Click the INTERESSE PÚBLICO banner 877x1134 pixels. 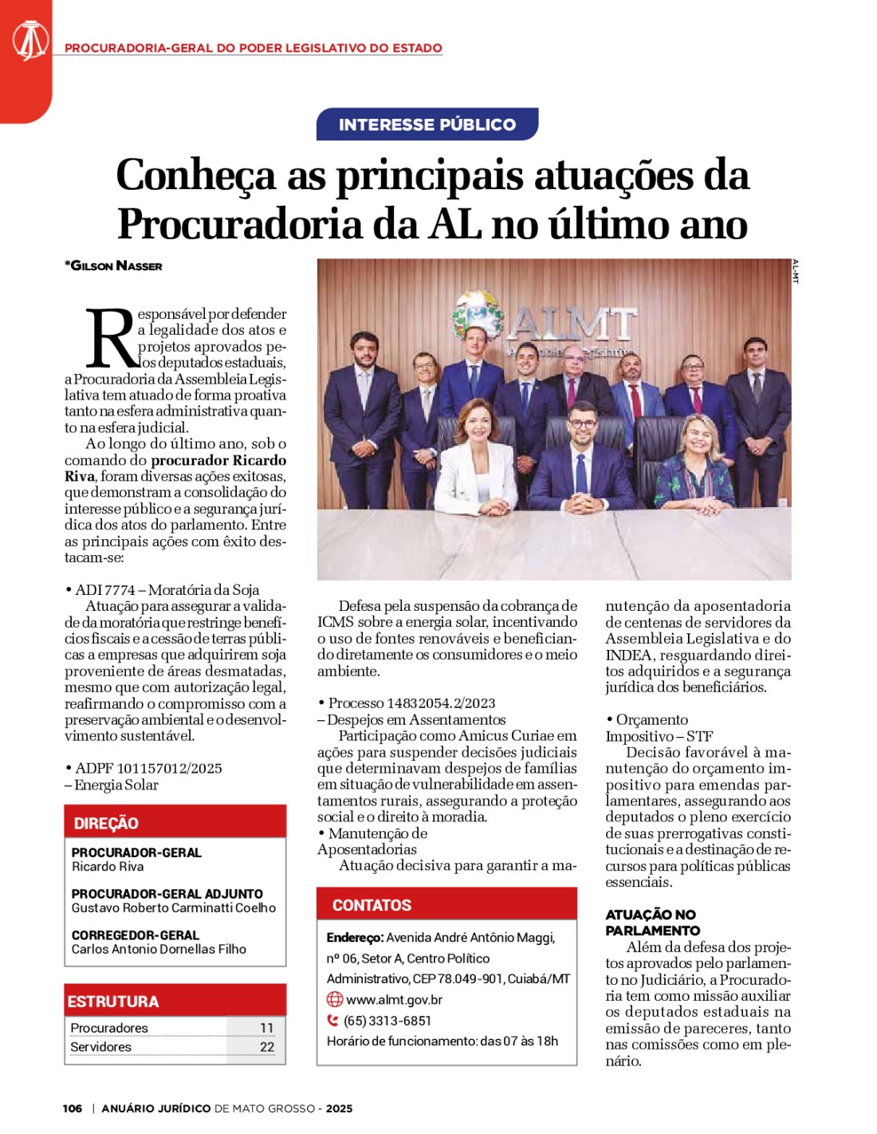pos(427,124)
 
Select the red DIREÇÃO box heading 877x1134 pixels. pos(106,823)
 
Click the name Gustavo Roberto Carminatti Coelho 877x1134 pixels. pos(173,908)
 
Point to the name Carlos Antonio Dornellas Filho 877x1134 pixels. pos(159,949)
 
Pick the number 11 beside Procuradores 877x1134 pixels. pos(266,1028)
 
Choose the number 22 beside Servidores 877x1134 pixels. pos(266,1047)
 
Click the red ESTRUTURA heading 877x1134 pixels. pos(113,1002)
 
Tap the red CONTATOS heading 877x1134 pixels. pos(372,905)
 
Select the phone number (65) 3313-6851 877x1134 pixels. pos(387,1021)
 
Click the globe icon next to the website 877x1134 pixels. pos(335,999)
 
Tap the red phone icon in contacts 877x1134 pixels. pos(333,1020)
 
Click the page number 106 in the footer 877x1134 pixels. pos(73,1108)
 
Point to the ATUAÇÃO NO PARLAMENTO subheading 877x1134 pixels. pos(651,923)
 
